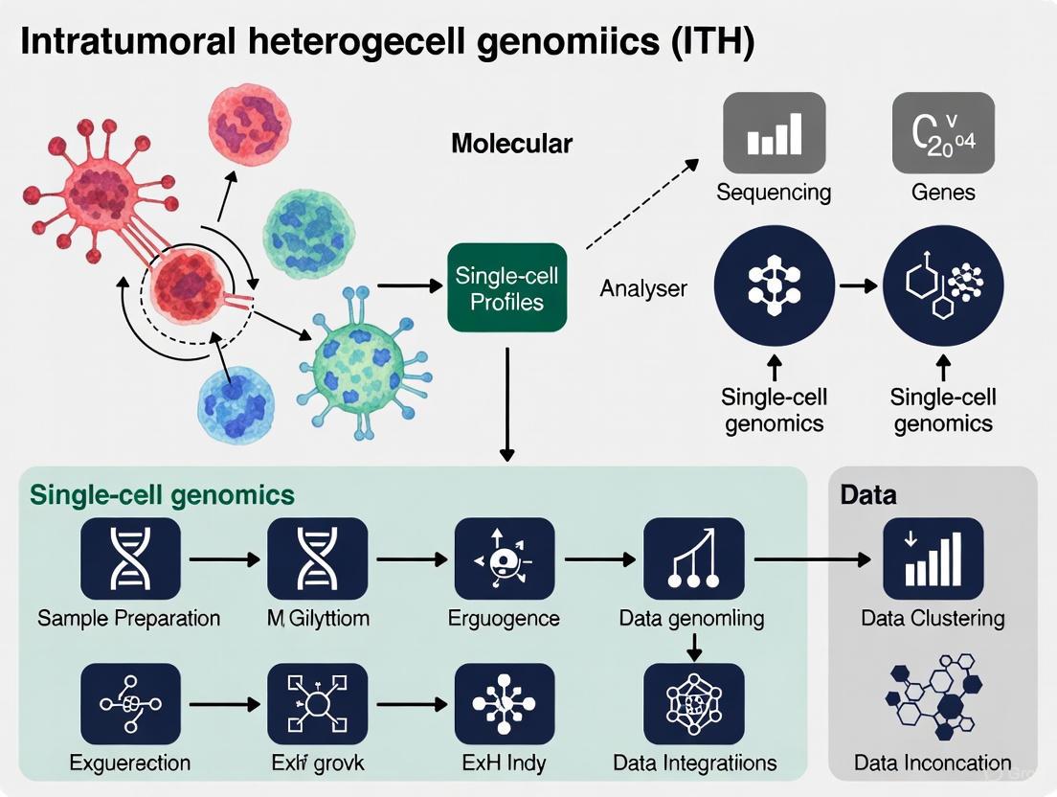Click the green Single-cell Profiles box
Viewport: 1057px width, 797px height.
(x=507, y=288)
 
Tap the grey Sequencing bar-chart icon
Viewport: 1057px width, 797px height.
(x=774, y=131)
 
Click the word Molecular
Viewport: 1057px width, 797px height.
(x=511, y=145)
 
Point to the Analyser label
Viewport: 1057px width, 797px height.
(x=643, y=287)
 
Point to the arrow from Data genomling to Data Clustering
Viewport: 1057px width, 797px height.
(x=815, y=558)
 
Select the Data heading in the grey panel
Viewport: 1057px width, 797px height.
(x=868, y=494)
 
